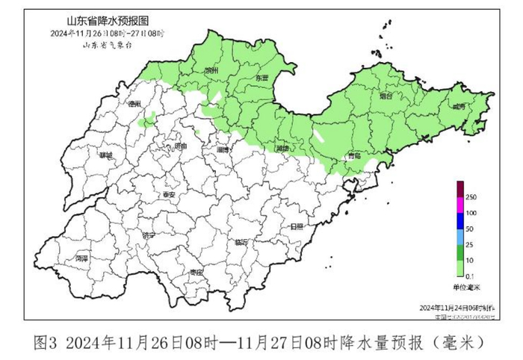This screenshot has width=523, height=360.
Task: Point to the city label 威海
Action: pos(458,108)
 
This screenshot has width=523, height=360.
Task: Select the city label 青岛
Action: pos(355,155)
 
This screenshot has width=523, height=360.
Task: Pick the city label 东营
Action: pos(261,78)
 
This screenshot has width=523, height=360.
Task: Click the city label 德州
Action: pos(134,104)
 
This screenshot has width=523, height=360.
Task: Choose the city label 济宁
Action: pos(148,235)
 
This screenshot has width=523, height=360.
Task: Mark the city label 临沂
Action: pos(241,243)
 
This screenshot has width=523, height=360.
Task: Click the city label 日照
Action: pos(297,226)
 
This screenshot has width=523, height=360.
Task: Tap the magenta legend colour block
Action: pos(461,205)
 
